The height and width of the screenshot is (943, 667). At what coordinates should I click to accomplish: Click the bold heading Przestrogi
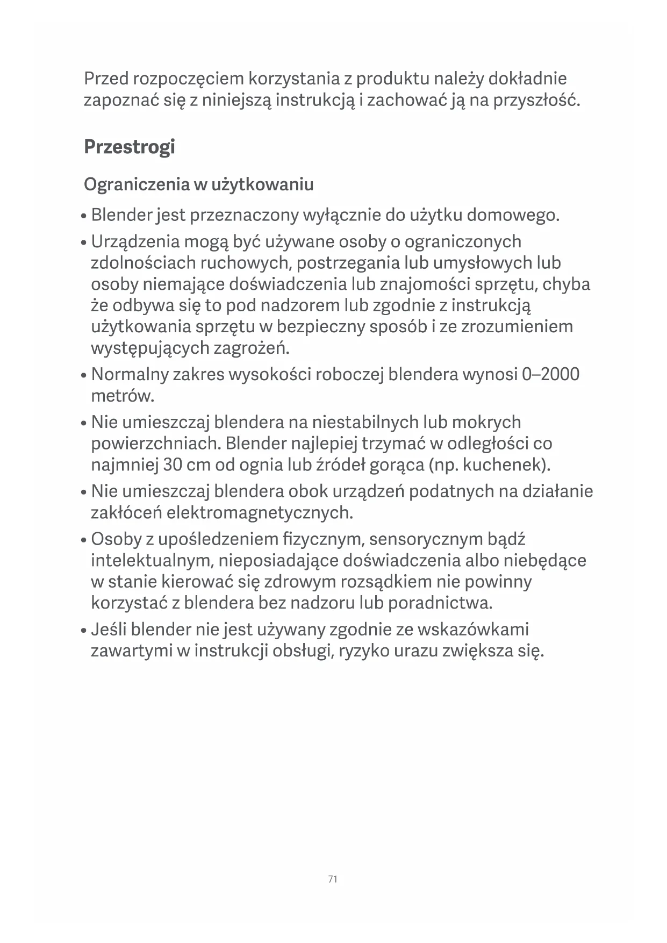tap(130, 147)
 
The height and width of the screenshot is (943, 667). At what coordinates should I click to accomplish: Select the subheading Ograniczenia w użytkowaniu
tap(198, 184)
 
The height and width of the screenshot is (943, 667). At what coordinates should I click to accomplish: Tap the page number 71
tap(333, 879)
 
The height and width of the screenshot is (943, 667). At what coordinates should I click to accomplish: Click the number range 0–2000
tap(550, 374)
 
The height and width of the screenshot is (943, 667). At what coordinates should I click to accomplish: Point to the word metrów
tap(123, 396)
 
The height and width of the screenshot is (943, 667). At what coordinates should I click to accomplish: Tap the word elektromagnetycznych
tap(260, 513)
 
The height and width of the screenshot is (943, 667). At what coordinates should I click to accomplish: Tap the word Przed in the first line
tap(106, 79)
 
